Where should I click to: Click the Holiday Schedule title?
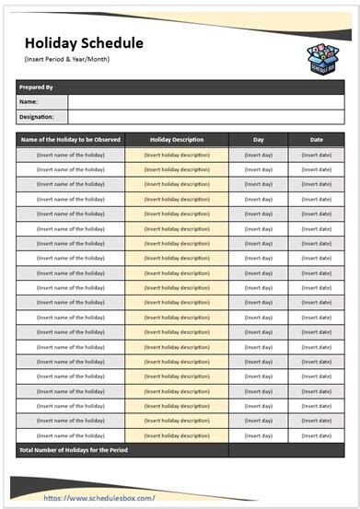[x=84, y=43]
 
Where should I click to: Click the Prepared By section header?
[x=37, y=87]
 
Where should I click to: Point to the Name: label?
[x=29, y=101]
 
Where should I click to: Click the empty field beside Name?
[x=205, y=101]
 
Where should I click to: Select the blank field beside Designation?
[x=205, y=117]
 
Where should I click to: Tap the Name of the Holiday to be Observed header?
[x=70, y=140]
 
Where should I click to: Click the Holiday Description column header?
[x=177, y=140]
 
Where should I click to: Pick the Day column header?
[x=258, y=140]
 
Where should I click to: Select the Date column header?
[x=316, y=140]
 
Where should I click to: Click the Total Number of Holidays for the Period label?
[x=74, y=450]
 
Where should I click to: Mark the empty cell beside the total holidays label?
[x=286, y=450]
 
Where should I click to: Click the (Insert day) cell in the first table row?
[x=258, y=155]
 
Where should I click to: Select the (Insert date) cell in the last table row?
[x=316, y=435]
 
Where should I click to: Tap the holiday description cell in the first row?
[x=177, y=155]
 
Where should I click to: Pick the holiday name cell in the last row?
[x=70, y=435]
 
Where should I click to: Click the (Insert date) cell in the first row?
[x=316, y=155]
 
